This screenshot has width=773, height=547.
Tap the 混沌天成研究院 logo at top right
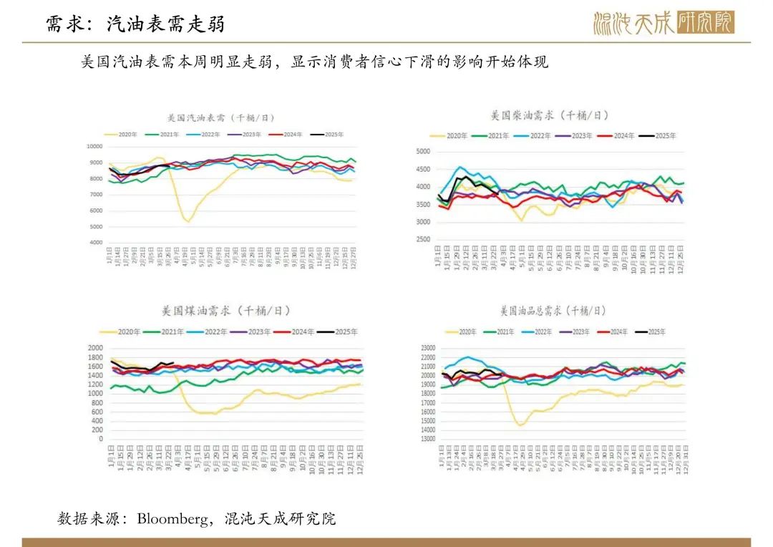coord(663,23)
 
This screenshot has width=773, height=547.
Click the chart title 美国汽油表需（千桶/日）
coord(215,117)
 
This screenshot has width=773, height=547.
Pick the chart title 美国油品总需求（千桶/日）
coord(552,311)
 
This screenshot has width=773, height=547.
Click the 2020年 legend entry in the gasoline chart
coord(122,135)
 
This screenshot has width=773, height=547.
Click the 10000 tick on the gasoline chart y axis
coord(94,146)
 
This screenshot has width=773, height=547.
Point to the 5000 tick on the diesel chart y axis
coord(422,152)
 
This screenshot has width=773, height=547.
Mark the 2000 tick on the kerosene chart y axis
coord(96,348)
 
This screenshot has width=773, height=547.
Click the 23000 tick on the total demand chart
coord(427,348)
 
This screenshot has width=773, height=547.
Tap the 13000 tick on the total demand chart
coord(427,439)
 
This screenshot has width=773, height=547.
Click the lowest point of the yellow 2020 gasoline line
coord(188,221)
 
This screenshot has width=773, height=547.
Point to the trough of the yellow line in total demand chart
coord(520,425)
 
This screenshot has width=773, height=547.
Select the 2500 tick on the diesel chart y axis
coord(422,240)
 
